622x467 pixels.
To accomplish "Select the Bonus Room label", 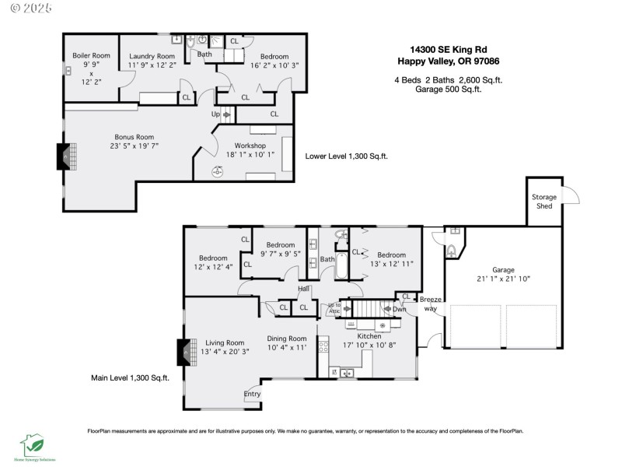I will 129,137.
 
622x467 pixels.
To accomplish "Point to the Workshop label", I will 246,146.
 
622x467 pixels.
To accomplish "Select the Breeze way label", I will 431,304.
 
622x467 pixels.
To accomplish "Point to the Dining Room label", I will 287,339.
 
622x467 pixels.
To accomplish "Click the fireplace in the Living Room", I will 184,352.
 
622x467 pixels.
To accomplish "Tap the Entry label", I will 253,394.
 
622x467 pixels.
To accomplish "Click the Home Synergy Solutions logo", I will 37,446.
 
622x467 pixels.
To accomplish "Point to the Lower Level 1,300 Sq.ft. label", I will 346,156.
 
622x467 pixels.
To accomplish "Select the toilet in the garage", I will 452,251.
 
